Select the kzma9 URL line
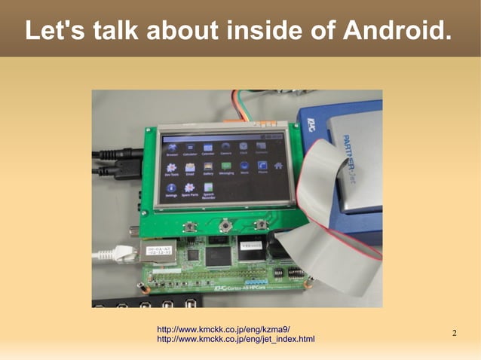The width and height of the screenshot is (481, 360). (223, 330)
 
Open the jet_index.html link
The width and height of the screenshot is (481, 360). (234, 340)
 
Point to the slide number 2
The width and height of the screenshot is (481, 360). (455, 334)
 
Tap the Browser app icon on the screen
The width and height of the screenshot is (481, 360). (171, 146)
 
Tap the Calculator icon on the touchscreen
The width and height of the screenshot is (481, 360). (189, 146)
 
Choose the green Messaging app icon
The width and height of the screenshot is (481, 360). (225, 167)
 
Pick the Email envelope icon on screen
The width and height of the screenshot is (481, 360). (190, 167)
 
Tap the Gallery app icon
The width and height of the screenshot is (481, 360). (208, 167)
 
